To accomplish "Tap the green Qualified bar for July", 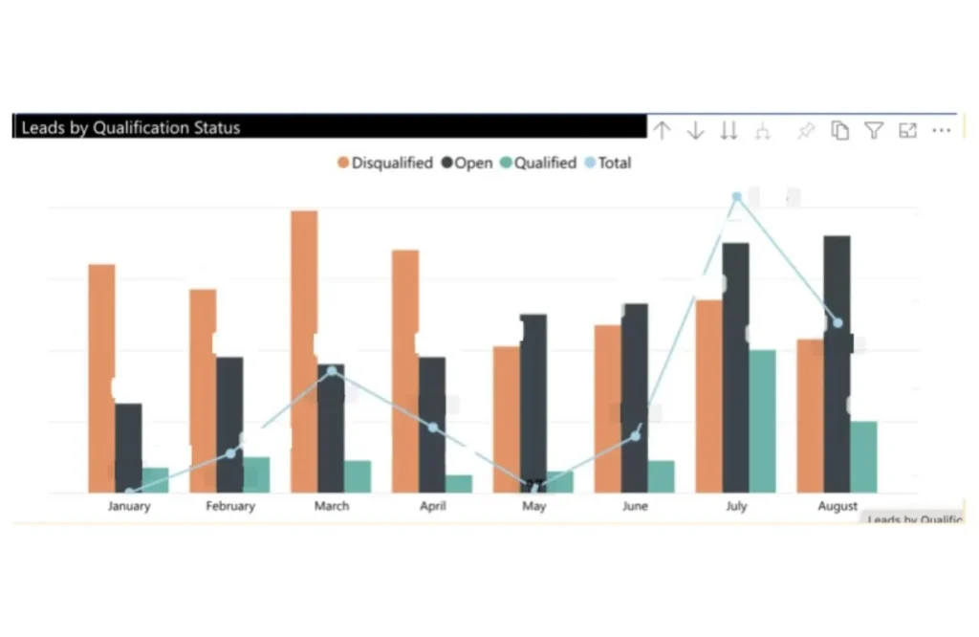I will click(x=762, y=421).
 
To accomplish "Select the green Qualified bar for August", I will click(x=863, y=457).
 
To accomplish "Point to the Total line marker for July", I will click(x=736, y=197).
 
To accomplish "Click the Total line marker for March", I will click(x=332, y=371).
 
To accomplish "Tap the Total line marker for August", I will click(x=838, y=323).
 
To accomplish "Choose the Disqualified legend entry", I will click(x=385, y=164).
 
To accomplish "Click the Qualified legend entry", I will click(x=538, y=164).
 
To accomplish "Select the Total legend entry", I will click(x=608, y=164).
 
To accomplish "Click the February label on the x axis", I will click(x=230, y=506).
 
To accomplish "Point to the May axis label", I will click(x=533, y=506).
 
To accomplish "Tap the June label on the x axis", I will click(x=635, y=506).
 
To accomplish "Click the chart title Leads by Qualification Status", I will click(x=131, y=127).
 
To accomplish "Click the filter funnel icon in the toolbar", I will click(x=874, y=131).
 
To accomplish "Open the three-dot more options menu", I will click(x=942, y=131).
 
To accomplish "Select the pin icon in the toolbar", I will click(x=805, y=131).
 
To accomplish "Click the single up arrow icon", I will click(x=662, y=131).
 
